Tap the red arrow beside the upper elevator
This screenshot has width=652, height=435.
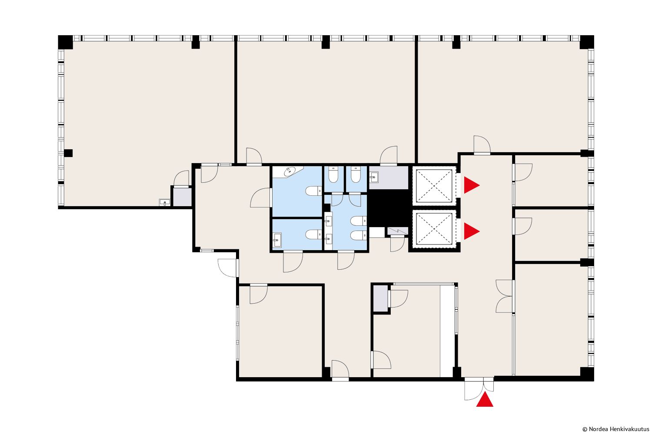471,185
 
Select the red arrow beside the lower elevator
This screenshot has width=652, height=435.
471,231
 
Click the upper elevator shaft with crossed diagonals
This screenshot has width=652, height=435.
434,186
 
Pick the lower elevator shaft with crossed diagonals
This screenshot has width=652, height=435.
434,229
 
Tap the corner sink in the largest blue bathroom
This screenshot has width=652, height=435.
290,171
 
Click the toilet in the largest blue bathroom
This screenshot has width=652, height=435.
313,191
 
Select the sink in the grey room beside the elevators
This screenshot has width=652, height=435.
374,177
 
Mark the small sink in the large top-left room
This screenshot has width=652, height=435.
164,202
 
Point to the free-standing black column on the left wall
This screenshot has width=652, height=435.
68,153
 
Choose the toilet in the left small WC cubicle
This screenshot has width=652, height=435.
333,174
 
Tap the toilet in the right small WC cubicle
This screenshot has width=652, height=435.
356,174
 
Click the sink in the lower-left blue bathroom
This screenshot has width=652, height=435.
277,240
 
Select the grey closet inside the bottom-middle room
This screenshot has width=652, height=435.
381,299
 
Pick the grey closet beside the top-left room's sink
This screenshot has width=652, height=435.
182,197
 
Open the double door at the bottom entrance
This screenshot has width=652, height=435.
479,388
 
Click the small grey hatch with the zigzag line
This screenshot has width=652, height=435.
398,231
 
